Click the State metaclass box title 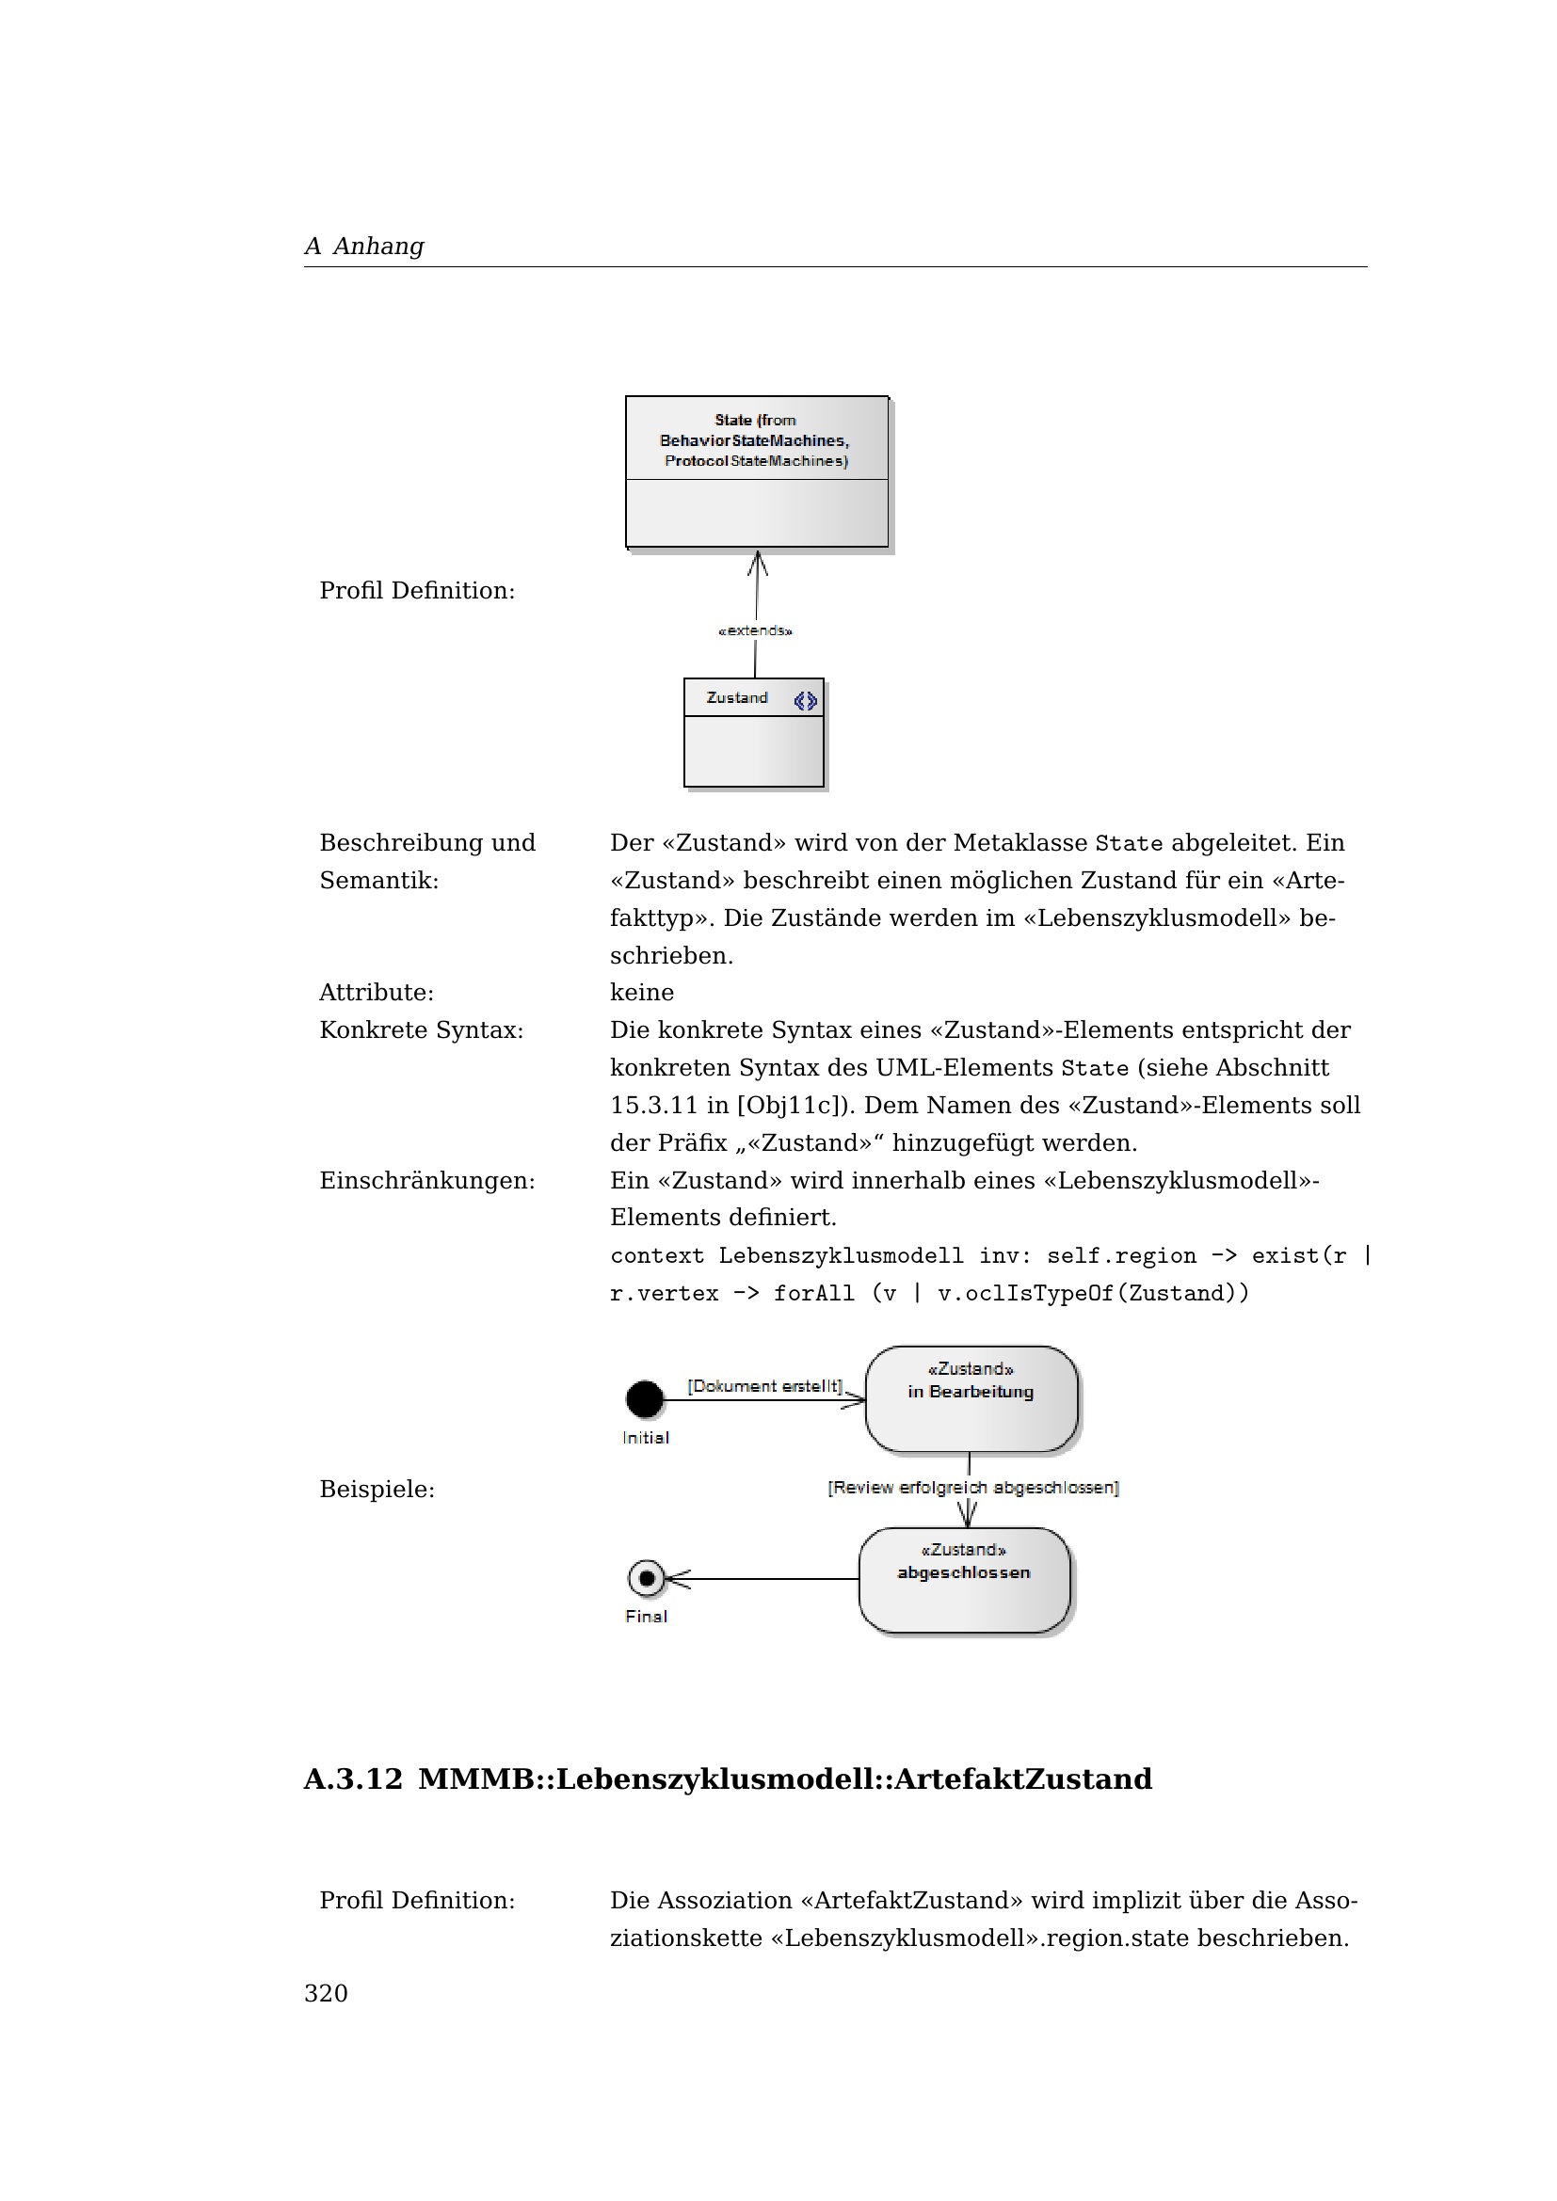pos(756,440)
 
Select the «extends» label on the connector pos(756,630)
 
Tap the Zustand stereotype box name pos(736,698)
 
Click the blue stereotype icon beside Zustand pos(806,701)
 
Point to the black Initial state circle pos(644,1398)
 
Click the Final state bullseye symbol pos(646,1578)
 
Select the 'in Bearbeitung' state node pos(971,1398)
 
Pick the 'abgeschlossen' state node pos(964,1580)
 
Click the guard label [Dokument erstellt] pos(765,1386)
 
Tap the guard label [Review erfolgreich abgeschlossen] pos(973,1488)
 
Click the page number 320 pos(326,1994)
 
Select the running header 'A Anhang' pos(364,247)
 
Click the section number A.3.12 pos(353,1779)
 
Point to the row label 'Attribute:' pos(377,992)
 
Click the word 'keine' pos(641,992)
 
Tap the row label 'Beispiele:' pos(377,1489)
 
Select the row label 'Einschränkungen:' pos(426,1180)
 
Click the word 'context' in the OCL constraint pos(657,1256)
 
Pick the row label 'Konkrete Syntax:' pos(421,1029)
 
